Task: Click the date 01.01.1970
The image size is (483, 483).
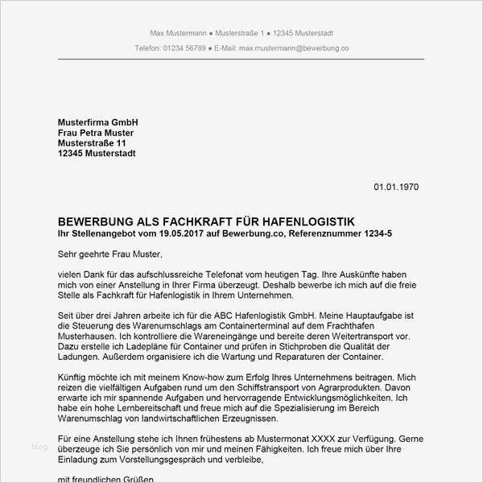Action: [x=396, y=187]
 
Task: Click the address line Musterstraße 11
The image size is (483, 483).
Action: [x=93, y=142]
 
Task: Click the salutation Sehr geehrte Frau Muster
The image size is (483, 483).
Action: [x=110, y=254]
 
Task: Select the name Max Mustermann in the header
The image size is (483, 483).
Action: [x=180, y=32]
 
